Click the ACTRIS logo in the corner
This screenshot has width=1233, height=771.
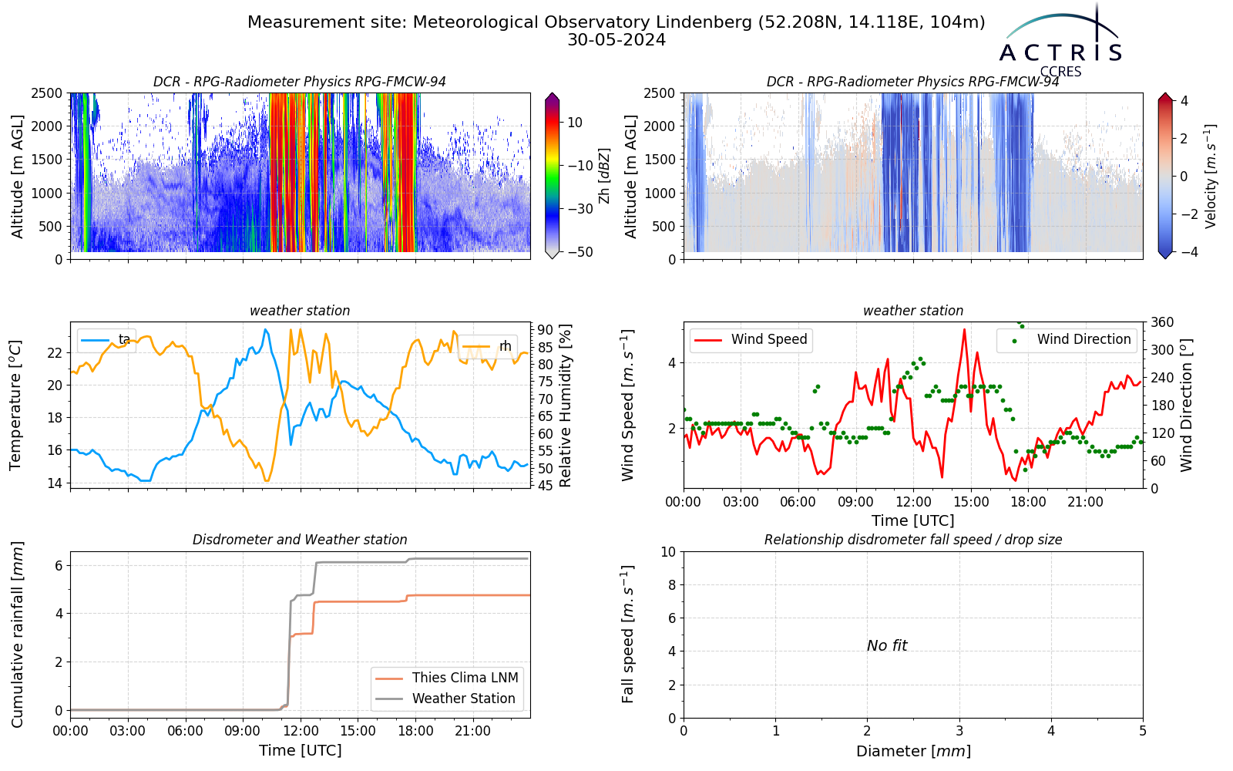1060,42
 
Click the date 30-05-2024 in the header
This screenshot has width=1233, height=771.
616,40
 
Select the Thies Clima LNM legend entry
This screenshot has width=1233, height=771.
446,678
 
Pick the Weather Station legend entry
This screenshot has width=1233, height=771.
445,699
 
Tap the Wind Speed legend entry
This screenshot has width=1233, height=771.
751,339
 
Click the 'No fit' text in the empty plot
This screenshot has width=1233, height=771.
887,645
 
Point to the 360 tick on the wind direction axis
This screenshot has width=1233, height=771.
1163,322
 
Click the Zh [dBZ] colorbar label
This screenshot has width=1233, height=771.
604,176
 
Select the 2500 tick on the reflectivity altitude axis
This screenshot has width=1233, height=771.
47,93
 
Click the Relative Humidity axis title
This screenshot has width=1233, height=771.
566,406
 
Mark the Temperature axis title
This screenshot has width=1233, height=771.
15,406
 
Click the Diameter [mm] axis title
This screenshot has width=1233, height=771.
913,751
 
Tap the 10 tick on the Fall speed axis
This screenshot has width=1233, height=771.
668,552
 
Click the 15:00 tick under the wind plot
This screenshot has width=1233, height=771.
971,502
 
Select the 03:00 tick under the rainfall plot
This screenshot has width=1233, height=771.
128,732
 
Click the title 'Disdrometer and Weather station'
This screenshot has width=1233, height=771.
300,540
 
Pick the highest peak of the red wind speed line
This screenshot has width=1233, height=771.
964,330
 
